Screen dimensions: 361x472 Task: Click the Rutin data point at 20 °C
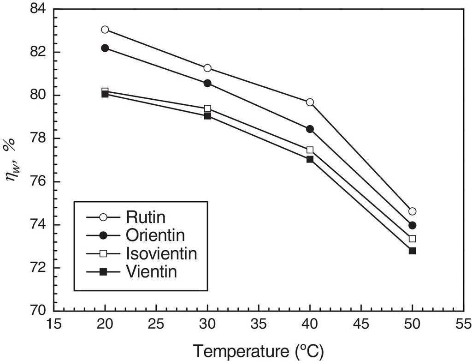click(105, 30)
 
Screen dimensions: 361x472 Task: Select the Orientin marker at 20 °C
click(105, 48)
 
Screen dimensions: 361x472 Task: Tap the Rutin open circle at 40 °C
click(310, 102)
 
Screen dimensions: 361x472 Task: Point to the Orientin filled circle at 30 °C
click(207, 83)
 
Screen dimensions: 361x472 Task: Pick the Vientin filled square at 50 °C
click(412, 251)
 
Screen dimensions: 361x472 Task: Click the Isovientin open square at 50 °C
click(412, 239)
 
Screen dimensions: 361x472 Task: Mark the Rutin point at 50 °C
click(412, 211)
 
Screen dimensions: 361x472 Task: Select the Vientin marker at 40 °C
click(310, 159)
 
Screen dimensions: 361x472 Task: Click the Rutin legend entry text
click(141, 217)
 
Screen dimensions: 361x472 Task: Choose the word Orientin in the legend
click(155, 235)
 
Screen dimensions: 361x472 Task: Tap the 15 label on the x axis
click(54, 325)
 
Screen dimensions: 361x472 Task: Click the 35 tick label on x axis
click(259, 325)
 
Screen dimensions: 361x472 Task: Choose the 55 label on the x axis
click(463, 325)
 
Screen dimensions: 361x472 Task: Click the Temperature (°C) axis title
click(258, 351)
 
